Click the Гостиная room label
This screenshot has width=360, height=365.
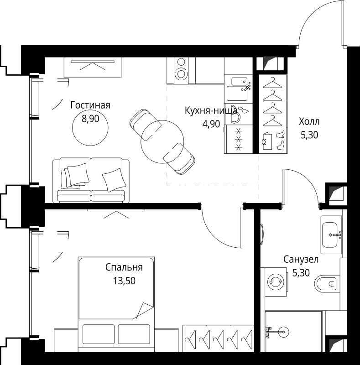click(x=90, y=105)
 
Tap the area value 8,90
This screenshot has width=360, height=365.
click(x=90, y=119)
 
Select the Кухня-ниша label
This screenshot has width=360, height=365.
click(x=210, y=110)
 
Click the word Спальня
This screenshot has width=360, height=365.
click(x=124, y=267)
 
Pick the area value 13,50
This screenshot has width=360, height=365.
click(x=124, y=281)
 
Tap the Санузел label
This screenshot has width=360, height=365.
click(x=301, y=260)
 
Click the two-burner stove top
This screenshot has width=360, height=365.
click(x=182, y=68)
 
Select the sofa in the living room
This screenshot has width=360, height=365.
click(x=90, y=180)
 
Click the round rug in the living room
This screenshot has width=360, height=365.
click(x=90, y=125)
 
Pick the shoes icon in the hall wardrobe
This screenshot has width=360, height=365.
click(x=273, y=140)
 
